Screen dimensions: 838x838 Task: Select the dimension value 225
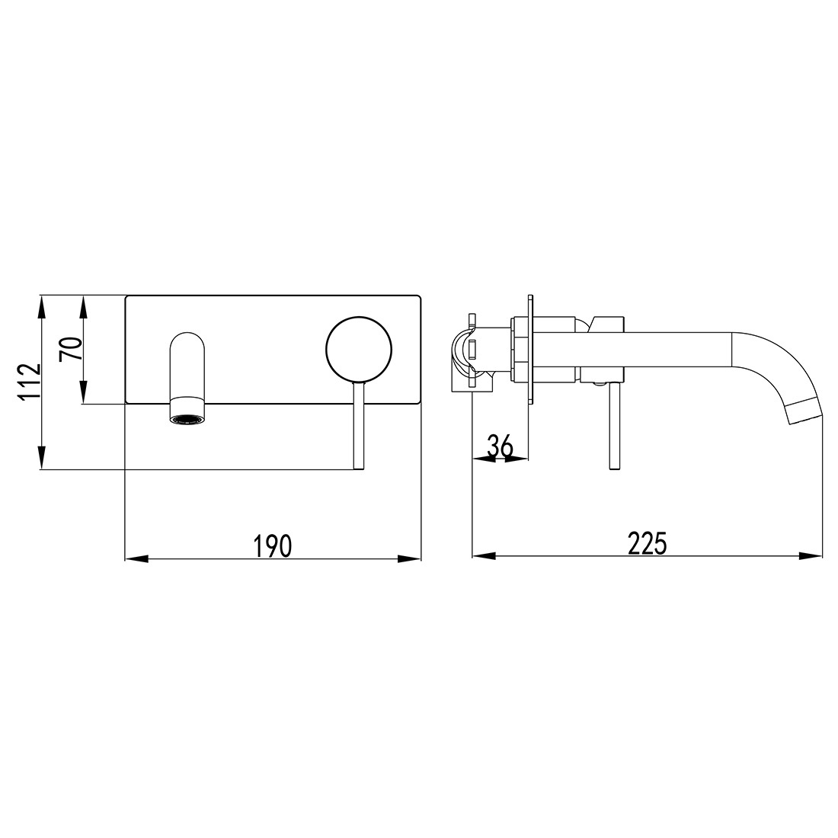point(647,544)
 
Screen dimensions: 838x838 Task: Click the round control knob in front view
point(359,347)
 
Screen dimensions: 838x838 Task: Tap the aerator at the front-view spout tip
point(187,418)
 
